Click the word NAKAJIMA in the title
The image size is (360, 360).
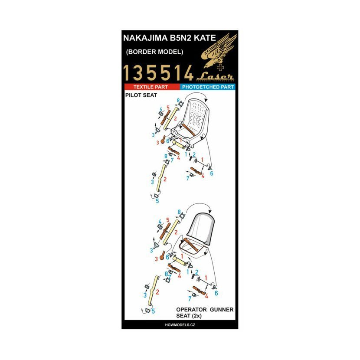click(146, 38)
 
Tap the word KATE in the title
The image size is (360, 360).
click(205, 38)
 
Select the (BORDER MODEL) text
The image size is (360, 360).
click(154, 52)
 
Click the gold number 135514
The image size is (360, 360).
click(158, 73)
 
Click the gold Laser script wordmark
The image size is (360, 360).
click(215, 77)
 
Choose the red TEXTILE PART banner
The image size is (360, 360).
click(151, 87)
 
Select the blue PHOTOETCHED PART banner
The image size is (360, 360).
click(208, 87)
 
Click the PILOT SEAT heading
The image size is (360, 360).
click(141, 95)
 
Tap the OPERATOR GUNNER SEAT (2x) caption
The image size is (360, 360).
click(205, 312)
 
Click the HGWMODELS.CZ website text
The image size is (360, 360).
click(180, 325)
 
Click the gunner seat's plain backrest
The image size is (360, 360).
click(202, 226)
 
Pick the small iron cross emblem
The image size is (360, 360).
click(220, 68)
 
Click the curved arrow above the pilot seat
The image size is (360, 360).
click(197, 95)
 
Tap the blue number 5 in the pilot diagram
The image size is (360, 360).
click(157, 201)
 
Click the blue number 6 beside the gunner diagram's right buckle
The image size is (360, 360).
click(216, 293)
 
